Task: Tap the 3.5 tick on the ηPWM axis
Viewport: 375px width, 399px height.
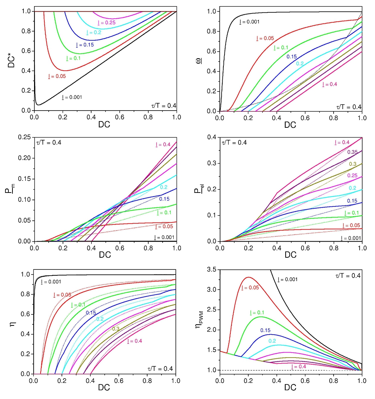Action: (212, 270)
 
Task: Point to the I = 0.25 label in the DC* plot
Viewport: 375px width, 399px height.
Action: (107, 23)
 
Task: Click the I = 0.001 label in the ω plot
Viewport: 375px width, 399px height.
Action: (249, 22)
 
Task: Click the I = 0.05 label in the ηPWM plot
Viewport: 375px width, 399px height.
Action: (250, 288)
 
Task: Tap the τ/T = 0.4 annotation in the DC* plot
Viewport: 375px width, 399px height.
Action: (163, 106)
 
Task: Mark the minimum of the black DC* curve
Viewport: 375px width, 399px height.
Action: (38, 105)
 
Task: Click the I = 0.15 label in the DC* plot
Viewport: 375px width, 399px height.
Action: (85, 45)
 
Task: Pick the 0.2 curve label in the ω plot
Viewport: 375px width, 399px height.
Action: (300, 63)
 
